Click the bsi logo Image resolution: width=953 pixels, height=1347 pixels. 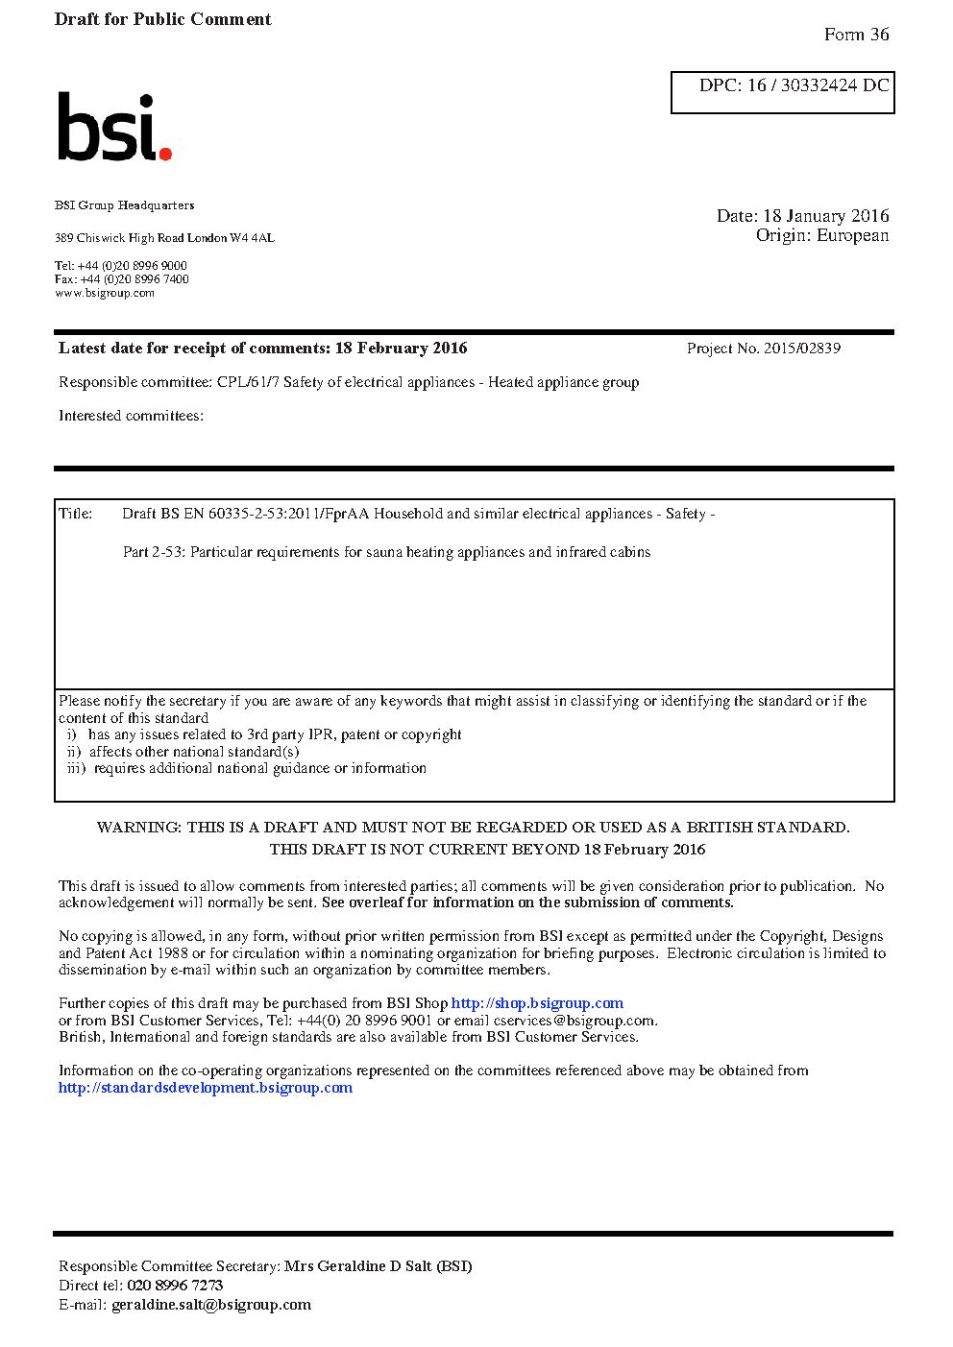(113, 127)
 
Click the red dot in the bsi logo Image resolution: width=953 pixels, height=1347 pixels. (165, 153)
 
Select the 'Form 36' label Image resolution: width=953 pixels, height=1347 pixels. (856, 35)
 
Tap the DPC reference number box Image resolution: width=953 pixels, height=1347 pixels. (782, 92)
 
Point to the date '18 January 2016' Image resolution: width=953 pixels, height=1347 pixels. (825, 216)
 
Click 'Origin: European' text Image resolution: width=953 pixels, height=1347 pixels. (821, 236)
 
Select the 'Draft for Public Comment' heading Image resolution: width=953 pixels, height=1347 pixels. (162, 19)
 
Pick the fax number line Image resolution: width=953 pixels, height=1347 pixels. (121, 279)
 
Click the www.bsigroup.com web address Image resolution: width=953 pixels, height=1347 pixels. (104, 294)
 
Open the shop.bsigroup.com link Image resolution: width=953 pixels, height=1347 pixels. (537, 1003)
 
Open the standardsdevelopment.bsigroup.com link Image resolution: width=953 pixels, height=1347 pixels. (205, 1088)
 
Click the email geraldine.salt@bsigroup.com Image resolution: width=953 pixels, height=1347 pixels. (211, 1305)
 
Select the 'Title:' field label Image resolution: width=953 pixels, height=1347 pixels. (76, 514)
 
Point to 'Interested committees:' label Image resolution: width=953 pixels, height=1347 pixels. (131, 416)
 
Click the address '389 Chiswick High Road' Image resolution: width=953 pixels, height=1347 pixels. (119, 238)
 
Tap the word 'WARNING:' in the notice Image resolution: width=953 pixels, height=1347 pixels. (138, 828)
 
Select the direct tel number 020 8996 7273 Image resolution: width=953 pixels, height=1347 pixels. (175, 1286)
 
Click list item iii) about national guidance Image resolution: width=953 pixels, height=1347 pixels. (247, 768)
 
